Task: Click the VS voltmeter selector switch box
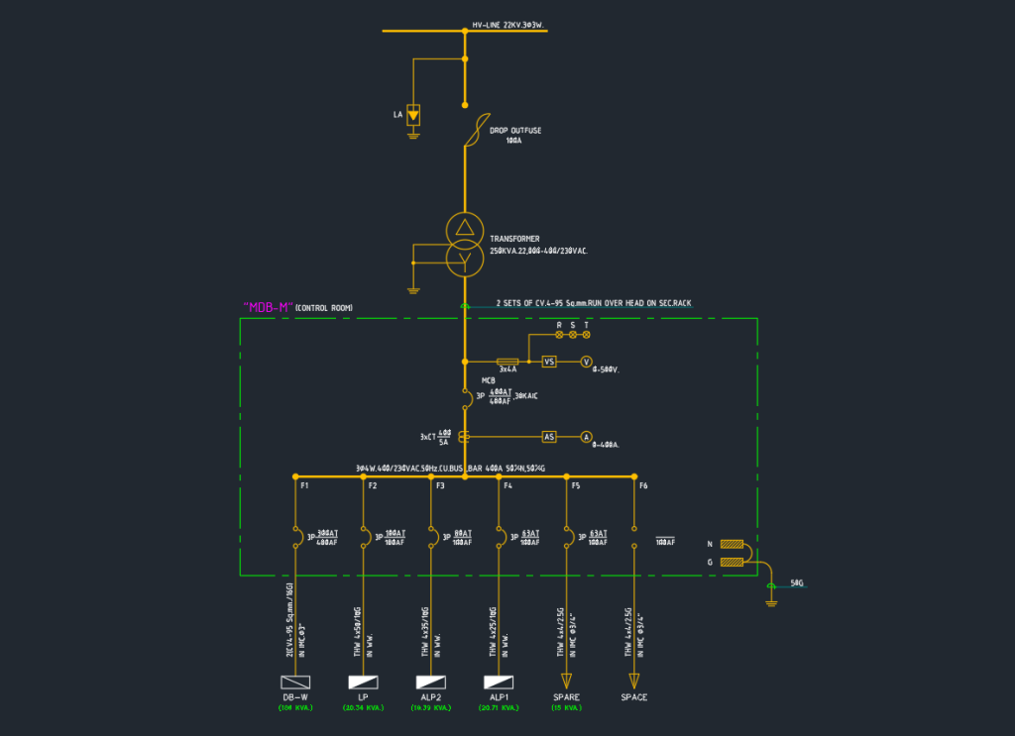click(549, 362)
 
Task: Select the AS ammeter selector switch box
click(549, 436)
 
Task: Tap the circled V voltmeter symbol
click(586, 362)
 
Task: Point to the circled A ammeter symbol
click(586, 436)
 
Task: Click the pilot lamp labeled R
click(559, 335)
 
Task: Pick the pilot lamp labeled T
click(586, 335)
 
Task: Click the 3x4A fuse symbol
click(507, 362)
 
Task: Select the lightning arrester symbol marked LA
click(413, 115)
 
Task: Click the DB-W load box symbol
click(296, 683)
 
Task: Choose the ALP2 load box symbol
click(430, 683)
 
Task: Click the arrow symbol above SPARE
click(566, 681)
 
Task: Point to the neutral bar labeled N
click(733, 544)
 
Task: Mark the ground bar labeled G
click(733, 563)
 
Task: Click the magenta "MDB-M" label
click(268, 307)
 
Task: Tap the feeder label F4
click(507, 485)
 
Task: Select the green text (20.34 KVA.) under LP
click(364, 708)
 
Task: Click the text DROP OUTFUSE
click(515, 130)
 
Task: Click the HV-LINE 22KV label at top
click(507, 26)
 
